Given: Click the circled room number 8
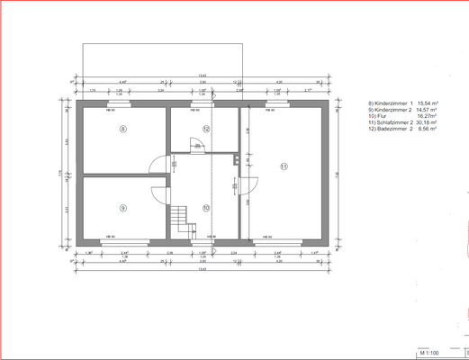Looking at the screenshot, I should click(123, 130).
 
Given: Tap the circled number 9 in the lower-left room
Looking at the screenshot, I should click(123, 207).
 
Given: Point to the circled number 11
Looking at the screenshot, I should click(283, 166).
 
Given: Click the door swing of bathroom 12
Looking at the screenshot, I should click(193, 146).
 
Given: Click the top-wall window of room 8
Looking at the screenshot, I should click(111, 104).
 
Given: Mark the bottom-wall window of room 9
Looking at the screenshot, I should click(111, 241).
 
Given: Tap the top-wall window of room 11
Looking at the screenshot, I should click(275, 104).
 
